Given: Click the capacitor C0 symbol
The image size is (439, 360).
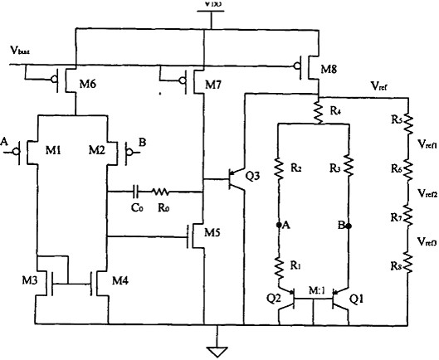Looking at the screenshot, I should click(x=137, y=192).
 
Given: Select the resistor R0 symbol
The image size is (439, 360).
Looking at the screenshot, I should click(x=169, y=192).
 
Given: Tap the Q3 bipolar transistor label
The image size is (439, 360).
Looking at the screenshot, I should click(x=253, y=176).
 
